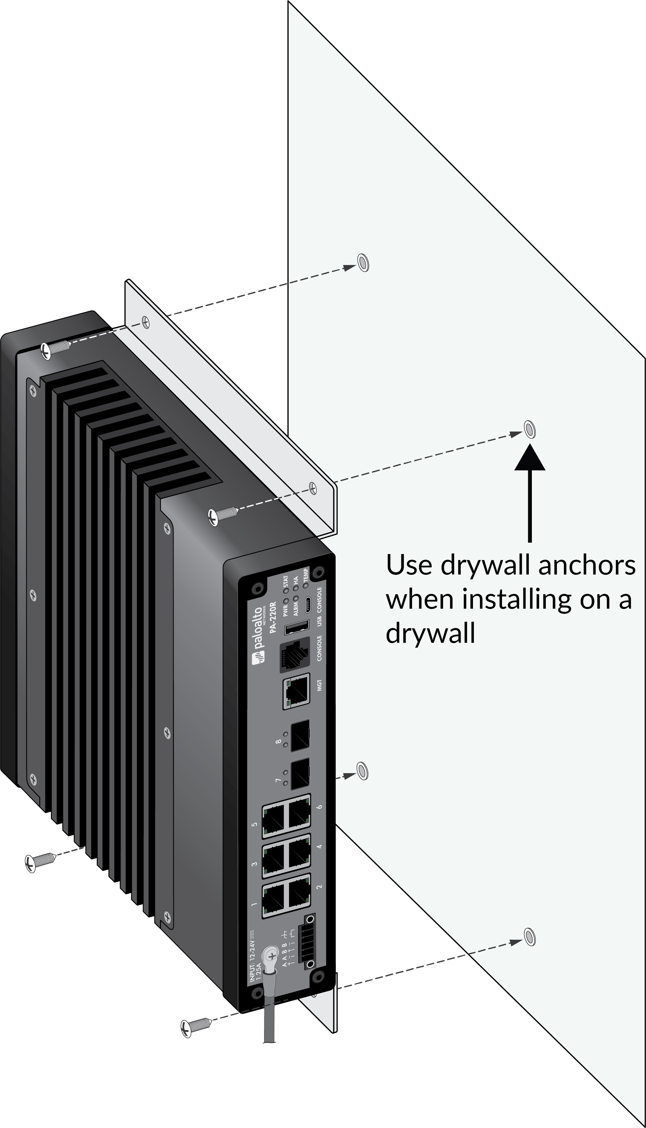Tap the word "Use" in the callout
click(x=409, y=565)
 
